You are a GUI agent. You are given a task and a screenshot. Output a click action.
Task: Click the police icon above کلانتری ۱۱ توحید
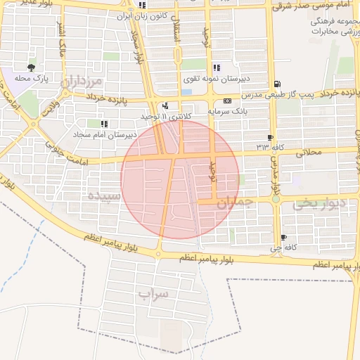coord(165,106)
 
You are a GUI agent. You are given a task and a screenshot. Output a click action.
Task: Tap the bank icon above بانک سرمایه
coord(227,102)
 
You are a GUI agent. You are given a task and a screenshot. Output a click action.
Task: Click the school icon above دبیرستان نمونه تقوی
coord(217,68)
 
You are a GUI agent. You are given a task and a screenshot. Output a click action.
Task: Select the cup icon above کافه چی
coord(283,238)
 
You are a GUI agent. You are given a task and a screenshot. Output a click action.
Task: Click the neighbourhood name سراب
coord(154,294)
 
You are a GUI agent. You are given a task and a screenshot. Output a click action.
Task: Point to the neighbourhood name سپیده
coord(103,194)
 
